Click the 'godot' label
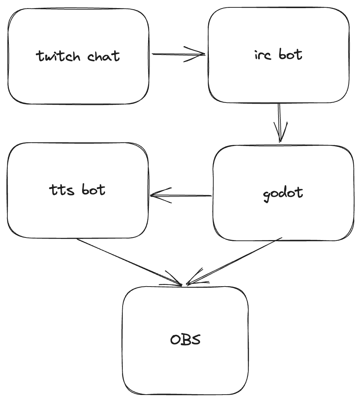click(283, 193)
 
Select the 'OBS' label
click(185, 339)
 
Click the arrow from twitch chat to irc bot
click(173, 54)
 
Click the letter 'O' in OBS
click(176, 340)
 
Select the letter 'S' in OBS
click(195, 339)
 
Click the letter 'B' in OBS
click(186, 339)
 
